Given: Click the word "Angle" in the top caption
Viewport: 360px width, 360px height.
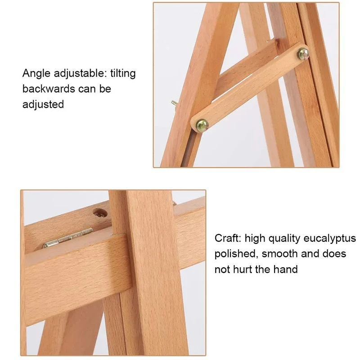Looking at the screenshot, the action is (x=36, y=74).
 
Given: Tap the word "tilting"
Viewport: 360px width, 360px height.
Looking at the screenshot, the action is (x=123, y=74).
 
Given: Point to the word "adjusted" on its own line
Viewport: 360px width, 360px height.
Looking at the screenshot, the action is (x=43, y=104).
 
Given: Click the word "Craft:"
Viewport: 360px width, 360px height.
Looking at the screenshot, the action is (x=228, y=238).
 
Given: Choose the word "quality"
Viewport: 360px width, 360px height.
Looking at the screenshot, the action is (x=284, y=239).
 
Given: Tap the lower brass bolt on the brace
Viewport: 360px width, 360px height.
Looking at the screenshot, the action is (x=202, y=126).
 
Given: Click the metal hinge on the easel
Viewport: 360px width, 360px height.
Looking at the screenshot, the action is (x=68, y=238).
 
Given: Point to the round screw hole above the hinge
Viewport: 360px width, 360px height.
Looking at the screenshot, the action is (x=100, y=213).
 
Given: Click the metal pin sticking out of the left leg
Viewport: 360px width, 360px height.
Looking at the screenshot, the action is (x=174, y=104).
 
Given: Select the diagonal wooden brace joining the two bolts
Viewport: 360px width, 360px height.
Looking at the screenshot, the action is (x=250, y=88).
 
